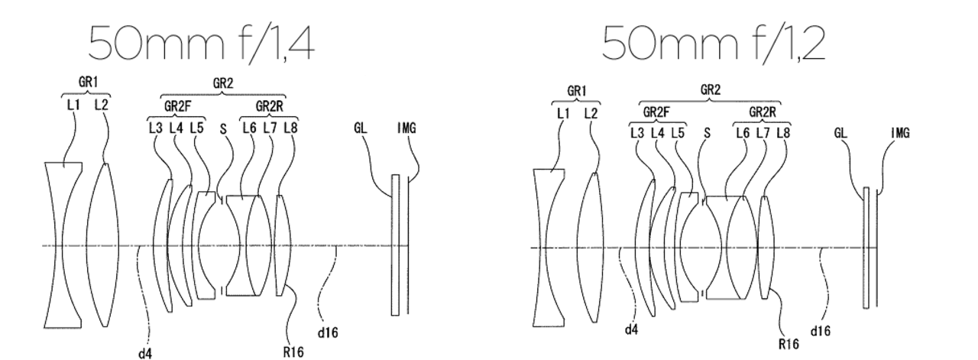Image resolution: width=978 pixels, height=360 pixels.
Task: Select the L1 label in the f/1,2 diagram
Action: point(563,113)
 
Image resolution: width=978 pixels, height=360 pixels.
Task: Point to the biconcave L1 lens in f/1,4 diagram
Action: point(63,245)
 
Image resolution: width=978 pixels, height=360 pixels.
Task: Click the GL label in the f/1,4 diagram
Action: point(360,128)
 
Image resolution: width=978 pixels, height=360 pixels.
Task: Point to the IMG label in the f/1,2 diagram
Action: point(899,133)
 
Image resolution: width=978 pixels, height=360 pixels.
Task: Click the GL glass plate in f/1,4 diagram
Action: point(396,245)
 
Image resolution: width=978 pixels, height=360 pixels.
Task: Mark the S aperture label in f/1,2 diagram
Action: point(706,133)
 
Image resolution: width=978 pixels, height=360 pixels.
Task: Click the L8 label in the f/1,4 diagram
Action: point(290,128)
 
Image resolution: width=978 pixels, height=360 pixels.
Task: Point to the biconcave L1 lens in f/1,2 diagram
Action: point(547,248)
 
